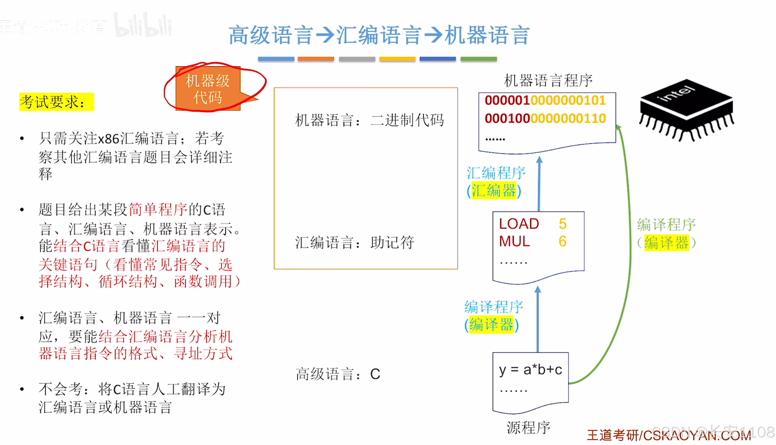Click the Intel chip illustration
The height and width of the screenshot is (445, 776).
click(x=686, y=109)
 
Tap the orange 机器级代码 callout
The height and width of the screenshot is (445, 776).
click(x=208, y=89)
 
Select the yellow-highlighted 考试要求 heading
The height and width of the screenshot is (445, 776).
click(x=56, y=102)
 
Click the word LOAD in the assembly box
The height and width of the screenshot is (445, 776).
click(x=519, y=224)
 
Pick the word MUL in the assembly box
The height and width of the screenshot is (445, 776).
click(x=514, y=241)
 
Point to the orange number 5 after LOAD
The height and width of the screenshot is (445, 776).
click(x=562, y=224)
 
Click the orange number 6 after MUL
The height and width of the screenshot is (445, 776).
click(x=562, y=241)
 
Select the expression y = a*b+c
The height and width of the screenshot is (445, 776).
click(x=530, y=370)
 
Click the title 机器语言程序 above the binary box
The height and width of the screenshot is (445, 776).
click(x=548, y=80)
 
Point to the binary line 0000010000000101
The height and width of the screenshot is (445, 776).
click(x=545, y=100)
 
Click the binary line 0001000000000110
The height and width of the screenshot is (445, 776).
click(x=545, y=118)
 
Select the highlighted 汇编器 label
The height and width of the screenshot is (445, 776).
click(x=494, y=191)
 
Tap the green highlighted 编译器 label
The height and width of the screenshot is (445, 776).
click(x=666, y=243)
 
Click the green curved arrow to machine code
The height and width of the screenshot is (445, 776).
click(x=628, y=252)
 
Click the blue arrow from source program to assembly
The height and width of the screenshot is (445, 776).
click(x=538, y=319)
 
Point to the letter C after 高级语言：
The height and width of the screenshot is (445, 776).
click(x=375, y=374)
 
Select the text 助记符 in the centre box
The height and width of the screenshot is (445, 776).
click(x=392, y=242)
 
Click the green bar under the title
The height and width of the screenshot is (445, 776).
click(x=478, y=59)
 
